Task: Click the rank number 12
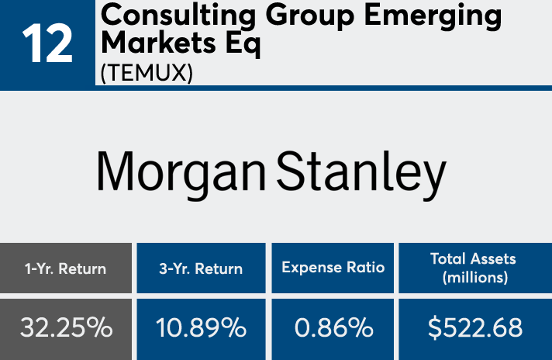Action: click(x=47, y=43)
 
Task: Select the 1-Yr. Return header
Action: click(x=66, y=268)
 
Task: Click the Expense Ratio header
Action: click(x=332, y=268)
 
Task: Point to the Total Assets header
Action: click(x=473, y=259)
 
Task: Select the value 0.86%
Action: click(x=333, y=328)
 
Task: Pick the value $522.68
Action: click(x=474, y=328)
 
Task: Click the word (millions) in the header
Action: click(x=473, y=277)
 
